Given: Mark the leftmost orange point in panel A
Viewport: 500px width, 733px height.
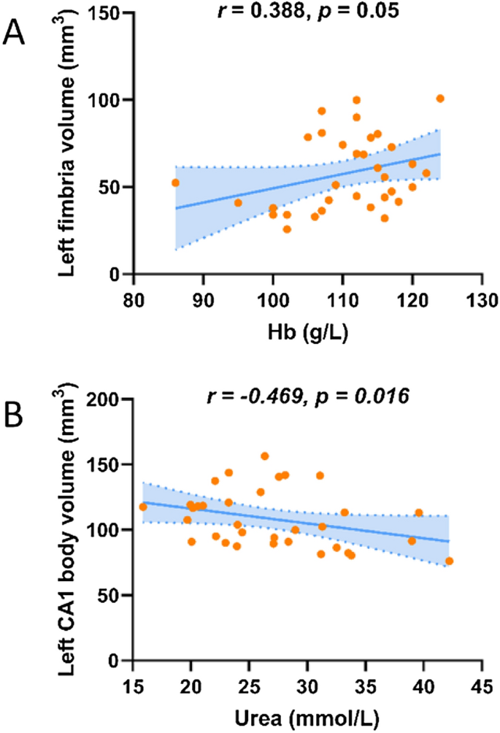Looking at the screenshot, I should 175,183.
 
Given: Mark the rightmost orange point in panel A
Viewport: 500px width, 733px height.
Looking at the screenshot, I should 440,99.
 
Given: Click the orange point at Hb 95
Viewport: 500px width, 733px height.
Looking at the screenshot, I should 238,203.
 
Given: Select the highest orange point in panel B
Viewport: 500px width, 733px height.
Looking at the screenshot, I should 265,456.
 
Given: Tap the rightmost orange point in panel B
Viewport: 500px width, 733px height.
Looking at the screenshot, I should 449,561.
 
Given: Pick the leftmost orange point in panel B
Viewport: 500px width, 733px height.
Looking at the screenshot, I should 143,507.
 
